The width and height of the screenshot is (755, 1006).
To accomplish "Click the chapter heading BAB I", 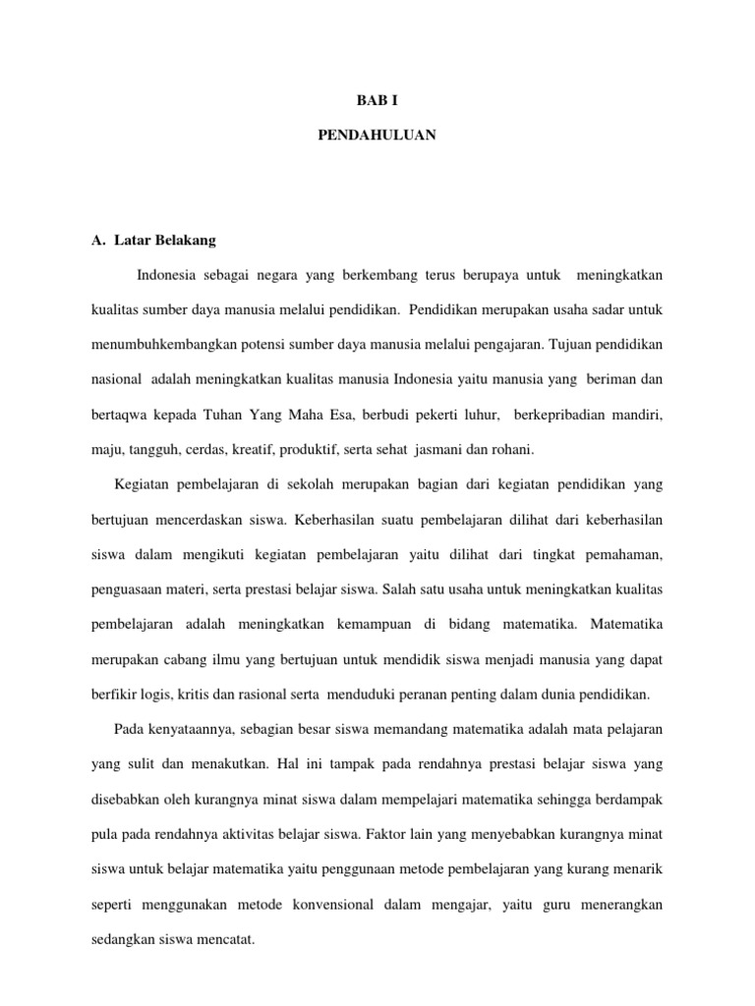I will [377, 100].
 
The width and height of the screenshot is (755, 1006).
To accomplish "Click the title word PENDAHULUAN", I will [377, 137].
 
